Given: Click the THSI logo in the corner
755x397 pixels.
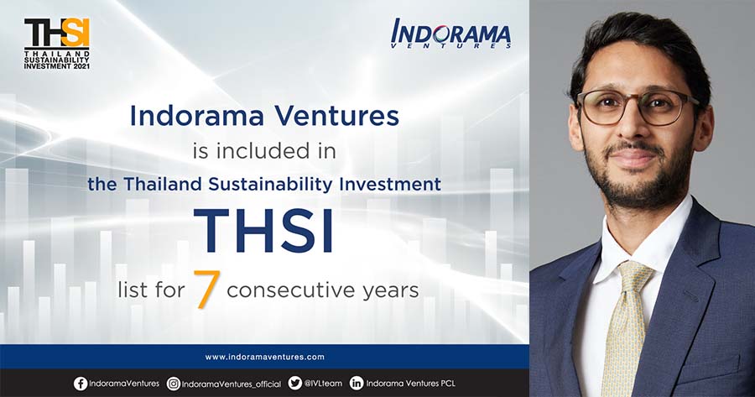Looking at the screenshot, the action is [x=57, y=44].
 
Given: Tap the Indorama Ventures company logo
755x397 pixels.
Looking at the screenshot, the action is [x=450, y=34].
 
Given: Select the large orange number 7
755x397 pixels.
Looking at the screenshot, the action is [x=206, y=289].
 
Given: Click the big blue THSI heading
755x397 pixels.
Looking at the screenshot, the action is [x=263, y=231].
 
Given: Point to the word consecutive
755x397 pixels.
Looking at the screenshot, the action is [x=290, y=290].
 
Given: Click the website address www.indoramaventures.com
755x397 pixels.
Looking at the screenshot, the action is [x=264, y=357].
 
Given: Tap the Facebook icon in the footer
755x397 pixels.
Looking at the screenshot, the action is [x=81, y=384].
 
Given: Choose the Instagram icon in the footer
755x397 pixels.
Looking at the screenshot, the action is [x=174, y=384].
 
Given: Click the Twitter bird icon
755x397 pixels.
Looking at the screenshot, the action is [x=294, y=383].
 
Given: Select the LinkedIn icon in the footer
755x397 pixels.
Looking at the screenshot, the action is [x=357, y=383].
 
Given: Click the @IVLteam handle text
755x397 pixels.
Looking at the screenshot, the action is [x=323, y=384].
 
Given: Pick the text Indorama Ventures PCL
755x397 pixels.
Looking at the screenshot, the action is [x=410, y=384].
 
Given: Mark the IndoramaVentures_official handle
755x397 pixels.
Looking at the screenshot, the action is [x=232, y=384].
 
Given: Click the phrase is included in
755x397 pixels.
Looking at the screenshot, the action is [x=264, y=151].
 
